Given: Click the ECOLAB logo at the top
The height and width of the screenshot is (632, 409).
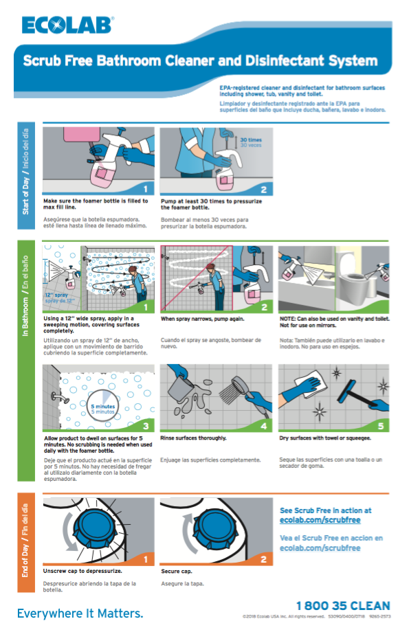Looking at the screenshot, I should [x=67, y=25].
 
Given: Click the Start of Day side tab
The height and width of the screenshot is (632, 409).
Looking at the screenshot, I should [x=26, y=170].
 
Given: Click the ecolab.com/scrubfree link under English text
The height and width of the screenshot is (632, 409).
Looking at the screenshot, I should [x=320, y=521].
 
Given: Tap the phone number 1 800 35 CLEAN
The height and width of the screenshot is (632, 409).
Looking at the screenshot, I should [x=343, y=605].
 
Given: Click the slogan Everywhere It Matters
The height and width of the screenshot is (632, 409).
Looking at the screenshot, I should [x=80, y=612].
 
